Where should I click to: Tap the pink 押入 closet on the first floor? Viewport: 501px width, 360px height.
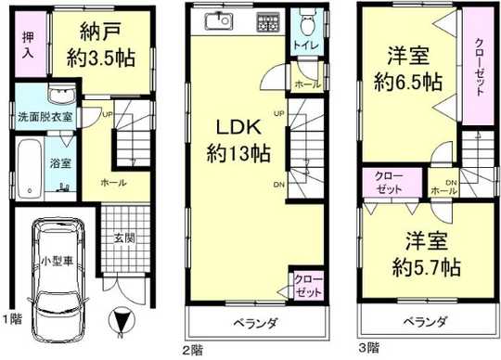[x=29, y=48]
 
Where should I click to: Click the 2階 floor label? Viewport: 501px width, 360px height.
[x=192, y=350]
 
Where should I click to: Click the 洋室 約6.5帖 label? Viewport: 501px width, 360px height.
[x=405, y=67]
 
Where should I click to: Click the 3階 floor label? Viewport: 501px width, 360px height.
[x=367, y=350]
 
